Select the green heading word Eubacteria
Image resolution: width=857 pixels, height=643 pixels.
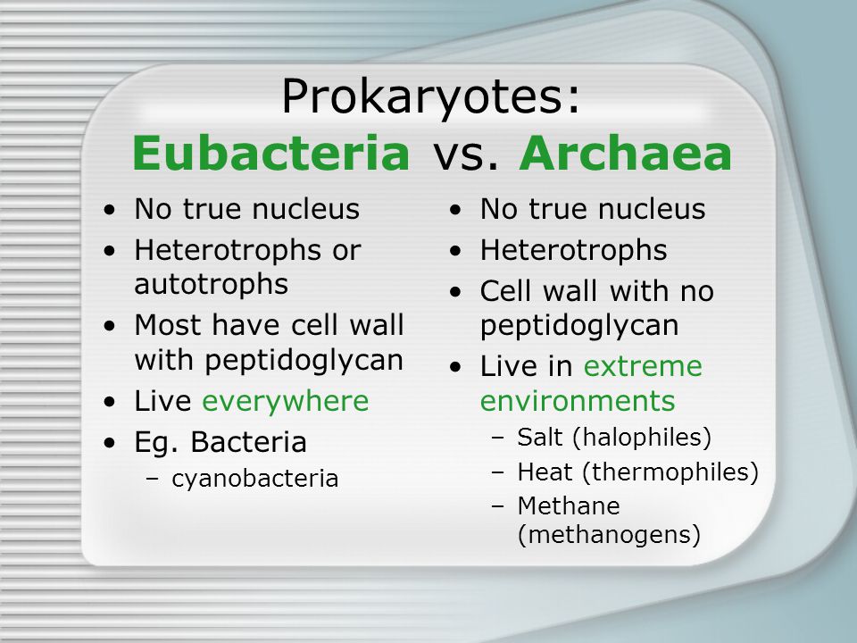(271, 153)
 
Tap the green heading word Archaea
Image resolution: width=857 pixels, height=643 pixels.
(625, 153)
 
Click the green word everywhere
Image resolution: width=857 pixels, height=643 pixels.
(286, 401)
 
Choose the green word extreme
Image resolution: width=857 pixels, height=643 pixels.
(643, 366)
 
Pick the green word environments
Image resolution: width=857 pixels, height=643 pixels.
(578, 401)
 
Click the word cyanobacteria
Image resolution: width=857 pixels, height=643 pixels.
(254, 479)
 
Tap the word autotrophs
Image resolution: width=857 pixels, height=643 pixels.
(211, 284)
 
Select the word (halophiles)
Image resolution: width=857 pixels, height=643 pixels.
(642, 438)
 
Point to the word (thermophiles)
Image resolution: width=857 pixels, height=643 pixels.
(670, 472)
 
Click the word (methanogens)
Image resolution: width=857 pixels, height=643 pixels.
(609, 534)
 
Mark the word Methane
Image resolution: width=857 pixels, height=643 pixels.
(569, 505)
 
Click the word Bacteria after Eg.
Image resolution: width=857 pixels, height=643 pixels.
(248, 442)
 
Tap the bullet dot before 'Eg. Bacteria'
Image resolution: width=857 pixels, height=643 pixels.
(110, 442)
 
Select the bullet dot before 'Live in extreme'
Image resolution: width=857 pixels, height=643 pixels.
(456, 367)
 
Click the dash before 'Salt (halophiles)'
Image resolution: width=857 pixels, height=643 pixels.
(498, 438)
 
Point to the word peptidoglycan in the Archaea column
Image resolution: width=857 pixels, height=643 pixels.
(579, 326)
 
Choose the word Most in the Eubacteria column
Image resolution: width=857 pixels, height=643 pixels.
(169, 325)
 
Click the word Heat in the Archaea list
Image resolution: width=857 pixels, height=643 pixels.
(545, 472)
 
